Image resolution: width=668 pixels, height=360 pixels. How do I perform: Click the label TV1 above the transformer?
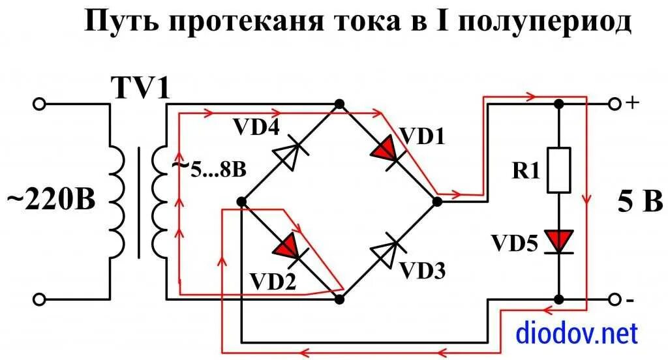click(x=139, y=88)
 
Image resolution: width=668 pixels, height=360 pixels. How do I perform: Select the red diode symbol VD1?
click(x=386, y=150)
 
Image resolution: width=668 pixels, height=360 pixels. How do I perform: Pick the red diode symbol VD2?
click(x=289, y=247)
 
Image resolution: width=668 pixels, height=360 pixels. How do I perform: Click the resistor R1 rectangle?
click(x=559, y=170)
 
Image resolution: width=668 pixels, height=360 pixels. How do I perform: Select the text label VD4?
click(x=256, y=128)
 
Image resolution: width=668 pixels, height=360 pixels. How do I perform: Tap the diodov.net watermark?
click(x=576, y=334)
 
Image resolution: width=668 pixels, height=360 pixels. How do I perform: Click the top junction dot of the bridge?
click(x=339, y=104)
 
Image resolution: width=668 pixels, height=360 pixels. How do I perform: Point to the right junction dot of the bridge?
click(x=437, y=202)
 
